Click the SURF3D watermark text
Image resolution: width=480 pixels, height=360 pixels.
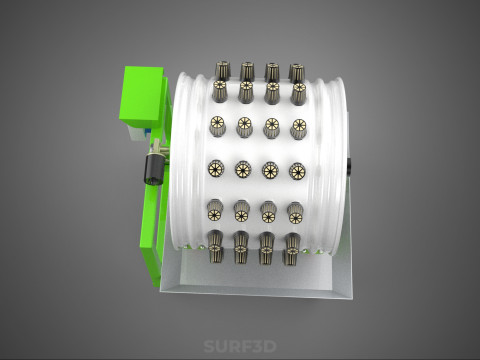240,346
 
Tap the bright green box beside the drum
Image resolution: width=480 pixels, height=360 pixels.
142,97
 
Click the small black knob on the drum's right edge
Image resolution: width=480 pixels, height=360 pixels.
348,166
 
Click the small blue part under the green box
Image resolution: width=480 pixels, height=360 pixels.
147,133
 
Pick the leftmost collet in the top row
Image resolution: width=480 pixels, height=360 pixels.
221,70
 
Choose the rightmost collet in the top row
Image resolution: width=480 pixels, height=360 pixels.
296,72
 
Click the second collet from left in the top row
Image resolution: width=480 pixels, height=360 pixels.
247,71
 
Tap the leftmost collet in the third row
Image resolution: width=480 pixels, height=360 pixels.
217,126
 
